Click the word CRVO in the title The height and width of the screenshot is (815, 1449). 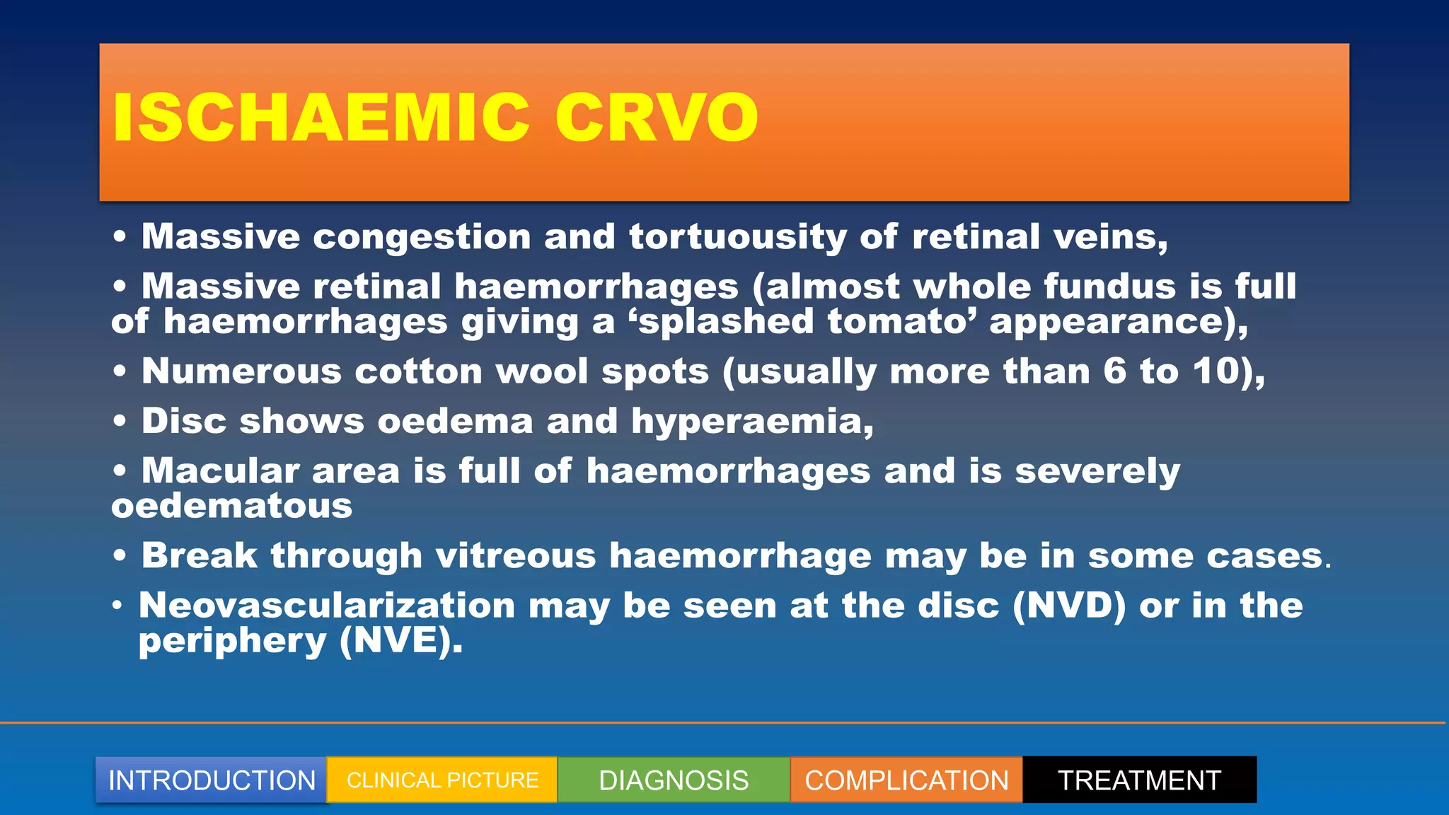(x=657, y=117)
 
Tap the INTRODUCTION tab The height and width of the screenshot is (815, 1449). (x=212, y=780)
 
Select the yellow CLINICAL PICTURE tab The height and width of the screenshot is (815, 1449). (x=442, y=780)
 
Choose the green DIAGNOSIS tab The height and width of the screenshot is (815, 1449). (x=674, y=780)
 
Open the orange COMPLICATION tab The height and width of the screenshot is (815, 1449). (x=906, y=780)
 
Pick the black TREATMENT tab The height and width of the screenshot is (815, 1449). (x=1139, y=780)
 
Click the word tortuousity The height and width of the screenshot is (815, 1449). (x=737, y=237)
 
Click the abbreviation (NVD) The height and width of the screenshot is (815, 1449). (x=1068, y=606)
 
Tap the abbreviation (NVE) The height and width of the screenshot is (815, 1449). (x=400, y=642)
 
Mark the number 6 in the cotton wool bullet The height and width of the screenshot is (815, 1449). (x=1114, y=371)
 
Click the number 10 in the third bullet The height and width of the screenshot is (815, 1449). (x=1216, y=371)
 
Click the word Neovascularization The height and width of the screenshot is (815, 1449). (x=327, y=606)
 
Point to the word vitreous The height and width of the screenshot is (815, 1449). (x=516, y=556)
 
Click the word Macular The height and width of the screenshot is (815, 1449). (x=221, y=471)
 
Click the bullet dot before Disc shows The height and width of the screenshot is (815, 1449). (x=120, y=422)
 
